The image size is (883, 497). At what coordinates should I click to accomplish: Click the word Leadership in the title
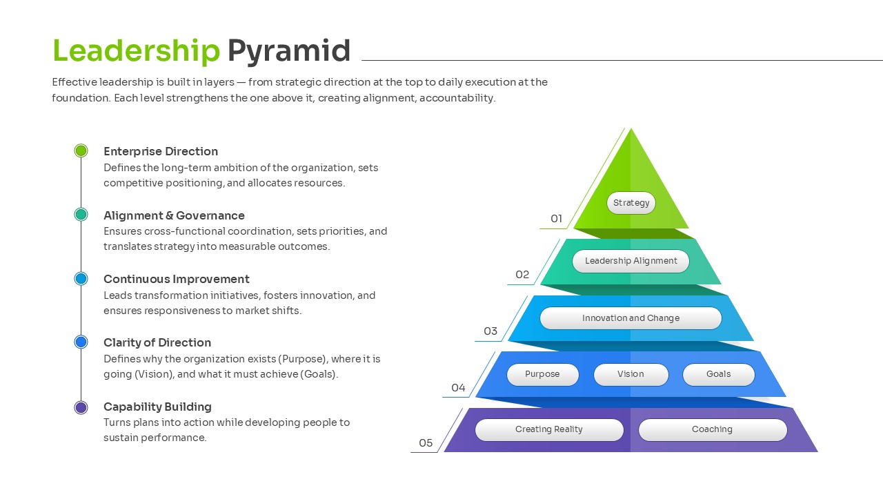coord(136,51)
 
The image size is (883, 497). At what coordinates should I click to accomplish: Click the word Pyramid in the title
coord(289,51)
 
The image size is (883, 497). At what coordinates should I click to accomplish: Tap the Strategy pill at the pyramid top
coord(631,203)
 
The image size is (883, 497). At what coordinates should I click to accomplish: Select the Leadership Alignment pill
coord(631,261)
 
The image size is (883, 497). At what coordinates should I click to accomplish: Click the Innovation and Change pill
coord(631,318)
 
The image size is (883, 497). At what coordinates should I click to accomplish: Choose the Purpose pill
coord(542,374)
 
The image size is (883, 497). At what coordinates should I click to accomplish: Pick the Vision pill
coord(631,374)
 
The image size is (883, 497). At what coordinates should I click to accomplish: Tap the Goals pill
coord(718,374)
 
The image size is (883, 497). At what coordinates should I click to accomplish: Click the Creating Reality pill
coord(549,429)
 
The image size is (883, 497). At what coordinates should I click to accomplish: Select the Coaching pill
coord(712,429)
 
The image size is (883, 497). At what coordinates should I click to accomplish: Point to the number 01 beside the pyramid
coord(556,219)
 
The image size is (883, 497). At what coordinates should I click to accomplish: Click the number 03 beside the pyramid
coord(490,331)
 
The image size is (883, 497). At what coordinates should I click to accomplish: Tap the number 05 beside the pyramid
coord(426,443)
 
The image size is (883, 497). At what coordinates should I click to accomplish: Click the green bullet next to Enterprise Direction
coord(81,150)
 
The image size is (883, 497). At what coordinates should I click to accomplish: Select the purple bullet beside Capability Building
coord(81,407)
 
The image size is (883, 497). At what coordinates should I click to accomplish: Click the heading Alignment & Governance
coord(174,215)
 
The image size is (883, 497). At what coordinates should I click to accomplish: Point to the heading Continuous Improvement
coord(176,279)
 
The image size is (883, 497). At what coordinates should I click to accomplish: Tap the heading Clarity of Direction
coord(157,342)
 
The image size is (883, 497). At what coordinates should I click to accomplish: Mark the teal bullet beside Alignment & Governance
coord(81,215)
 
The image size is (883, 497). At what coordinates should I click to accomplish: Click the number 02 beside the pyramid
coord(522,275)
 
